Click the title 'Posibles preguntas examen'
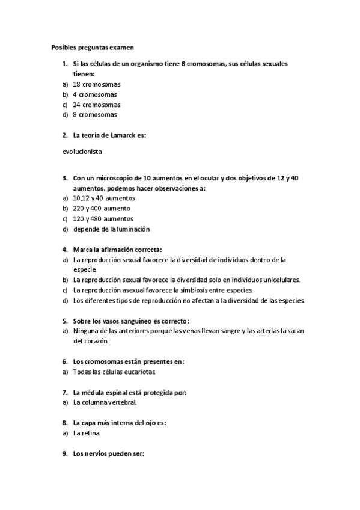click(x=93, y=46)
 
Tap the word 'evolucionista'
click(x=82, y=152)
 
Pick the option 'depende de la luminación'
click(x=111, y=229)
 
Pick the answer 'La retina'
click(x=87, y=432)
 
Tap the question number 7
click(x=64, y=393)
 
